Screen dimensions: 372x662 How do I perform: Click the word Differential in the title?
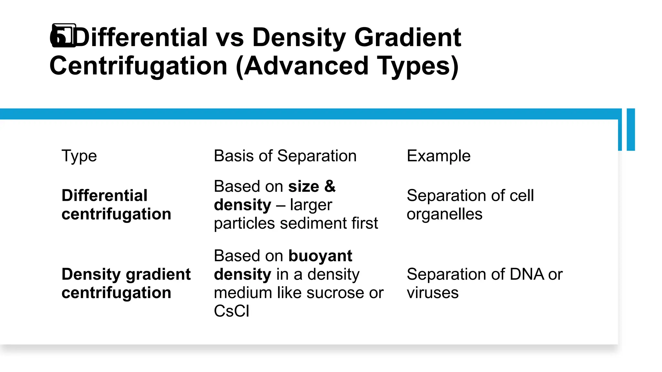[x=141, y=37]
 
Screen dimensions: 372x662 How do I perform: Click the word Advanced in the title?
[x=306, y=66]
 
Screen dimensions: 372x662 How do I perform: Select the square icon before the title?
[x=64, y=36]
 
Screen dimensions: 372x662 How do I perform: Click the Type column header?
[x=79, y=156]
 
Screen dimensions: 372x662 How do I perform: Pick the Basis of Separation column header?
[x=285, y=156]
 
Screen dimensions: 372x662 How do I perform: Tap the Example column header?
[x=438, y=156]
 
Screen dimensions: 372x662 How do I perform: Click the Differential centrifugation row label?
[x=116, y=205]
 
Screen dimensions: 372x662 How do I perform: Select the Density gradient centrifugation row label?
[x=126, y=283]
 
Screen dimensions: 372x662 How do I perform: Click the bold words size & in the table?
[x=312, y=186]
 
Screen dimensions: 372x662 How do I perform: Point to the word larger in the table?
[x=311, y=205]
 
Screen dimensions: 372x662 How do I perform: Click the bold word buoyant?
[x=320, y=256]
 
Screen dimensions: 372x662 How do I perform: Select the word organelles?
[x=444, y=214]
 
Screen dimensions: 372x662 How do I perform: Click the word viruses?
[x=432, y=293]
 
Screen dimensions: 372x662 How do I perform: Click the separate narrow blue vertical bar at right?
[x=631, y=129]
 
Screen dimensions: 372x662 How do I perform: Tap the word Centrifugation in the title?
[x=138, y=66]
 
